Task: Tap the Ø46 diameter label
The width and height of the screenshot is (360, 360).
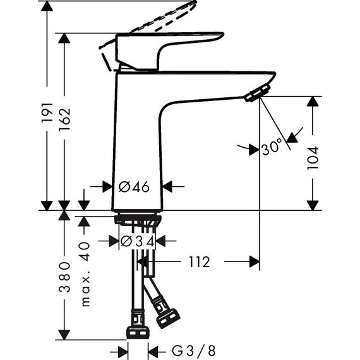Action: (133, 186)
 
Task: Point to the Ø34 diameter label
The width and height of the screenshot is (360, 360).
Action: (136, 241)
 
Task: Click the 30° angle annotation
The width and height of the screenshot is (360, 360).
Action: (272, 149)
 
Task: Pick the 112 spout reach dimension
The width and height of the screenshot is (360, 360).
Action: (198, 261)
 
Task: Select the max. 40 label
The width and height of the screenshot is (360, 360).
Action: (87, 272)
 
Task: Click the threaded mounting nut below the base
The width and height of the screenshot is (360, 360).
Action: (137, 220)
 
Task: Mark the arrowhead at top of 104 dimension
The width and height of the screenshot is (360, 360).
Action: (313, 102)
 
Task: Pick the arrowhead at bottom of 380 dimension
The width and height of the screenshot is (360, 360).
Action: (64, 333)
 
